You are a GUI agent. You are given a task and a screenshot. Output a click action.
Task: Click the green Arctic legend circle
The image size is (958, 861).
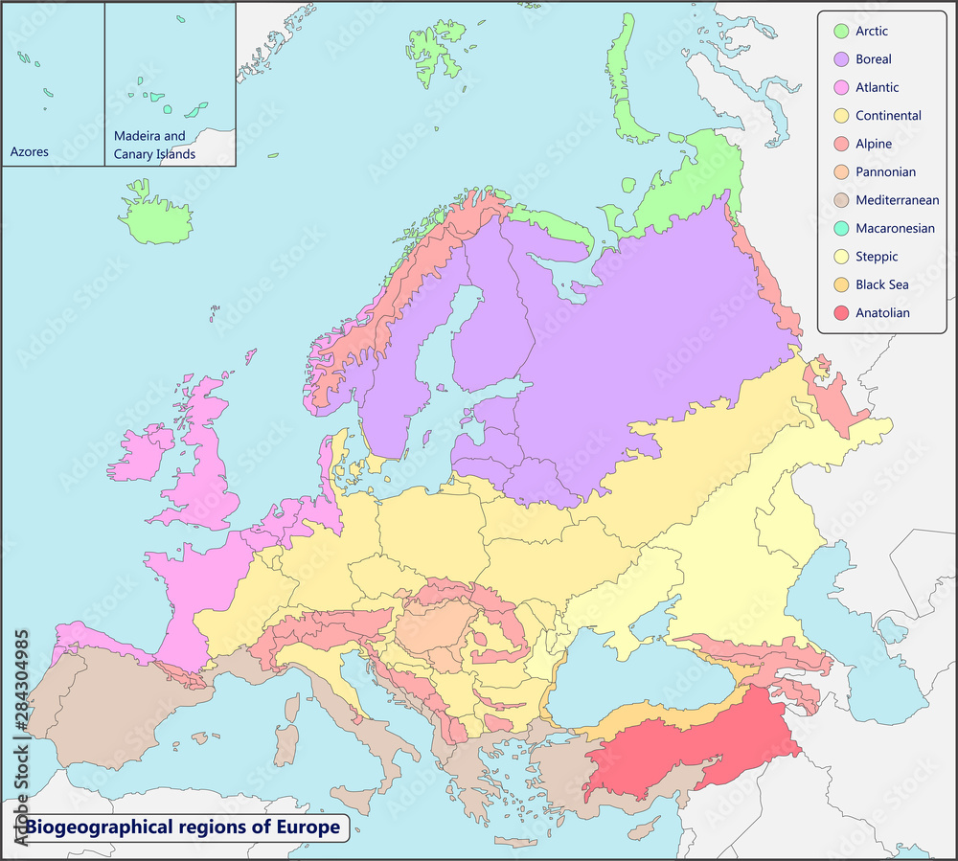840,32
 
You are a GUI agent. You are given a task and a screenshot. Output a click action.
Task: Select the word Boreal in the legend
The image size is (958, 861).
874,59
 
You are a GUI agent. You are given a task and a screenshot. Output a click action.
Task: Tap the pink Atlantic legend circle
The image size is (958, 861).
840,88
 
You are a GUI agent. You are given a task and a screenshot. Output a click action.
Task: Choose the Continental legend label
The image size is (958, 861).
888,116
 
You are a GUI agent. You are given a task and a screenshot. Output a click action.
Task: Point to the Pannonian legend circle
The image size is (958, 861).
840,172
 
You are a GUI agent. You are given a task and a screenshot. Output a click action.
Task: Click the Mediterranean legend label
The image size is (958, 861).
897,200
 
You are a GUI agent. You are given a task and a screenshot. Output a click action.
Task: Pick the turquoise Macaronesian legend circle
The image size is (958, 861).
840,229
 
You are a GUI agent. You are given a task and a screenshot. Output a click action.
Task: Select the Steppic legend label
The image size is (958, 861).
877,257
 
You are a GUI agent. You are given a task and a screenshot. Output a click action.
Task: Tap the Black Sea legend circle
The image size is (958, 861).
840,285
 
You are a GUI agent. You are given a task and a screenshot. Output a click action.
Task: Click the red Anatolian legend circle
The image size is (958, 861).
840,313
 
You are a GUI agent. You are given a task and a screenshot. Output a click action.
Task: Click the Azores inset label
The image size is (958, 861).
29,152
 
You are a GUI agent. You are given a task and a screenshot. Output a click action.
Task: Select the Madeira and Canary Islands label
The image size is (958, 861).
154,145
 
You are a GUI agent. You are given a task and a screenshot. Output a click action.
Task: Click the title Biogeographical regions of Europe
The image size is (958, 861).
182,827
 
